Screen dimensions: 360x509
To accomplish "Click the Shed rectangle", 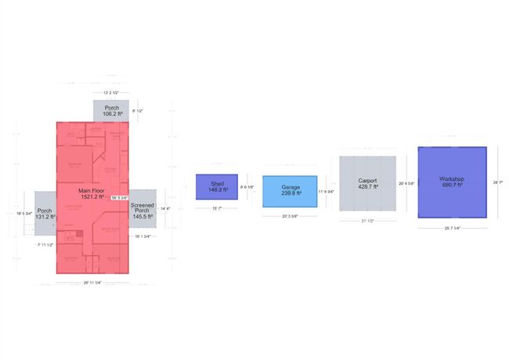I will (216, 187).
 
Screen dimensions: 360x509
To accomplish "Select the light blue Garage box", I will (289, 190).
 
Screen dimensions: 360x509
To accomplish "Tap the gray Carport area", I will (366, 184).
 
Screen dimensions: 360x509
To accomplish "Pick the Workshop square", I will (452, 182).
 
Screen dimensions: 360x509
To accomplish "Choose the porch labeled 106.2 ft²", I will (112, 110).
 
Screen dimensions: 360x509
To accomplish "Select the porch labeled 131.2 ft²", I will (45, 214).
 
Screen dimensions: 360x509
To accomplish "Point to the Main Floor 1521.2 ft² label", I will (92, 193).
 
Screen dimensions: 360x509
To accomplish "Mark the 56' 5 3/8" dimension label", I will (120, 198).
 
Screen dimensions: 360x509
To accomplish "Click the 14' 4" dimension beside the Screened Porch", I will (165, 209).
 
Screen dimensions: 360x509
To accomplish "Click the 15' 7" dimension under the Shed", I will (217, 208).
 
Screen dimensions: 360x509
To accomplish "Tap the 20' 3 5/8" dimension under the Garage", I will (289, 216).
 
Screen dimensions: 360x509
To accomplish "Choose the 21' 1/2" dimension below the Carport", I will (367, 221).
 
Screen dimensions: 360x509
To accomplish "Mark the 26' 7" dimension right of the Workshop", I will (497, 182).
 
